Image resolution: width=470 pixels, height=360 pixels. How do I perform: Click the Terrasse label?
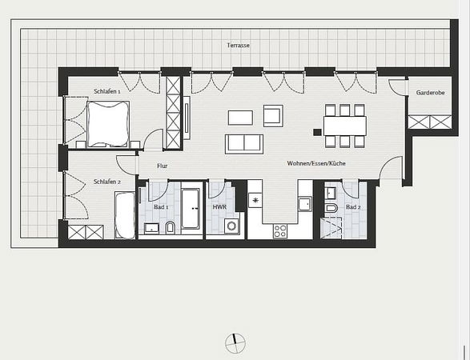pos(238,46)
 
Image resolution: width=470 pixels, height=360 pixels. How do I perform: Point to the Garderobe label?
pos(430,93)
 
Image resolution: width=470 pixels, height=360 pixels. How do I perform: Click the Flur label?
pos(162,166)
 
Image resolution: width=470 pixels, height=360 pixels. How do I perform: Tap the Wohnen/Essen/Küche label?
pos(315,163)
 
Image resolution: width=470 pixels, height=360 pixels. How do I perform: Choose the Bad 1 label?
pos(161,206)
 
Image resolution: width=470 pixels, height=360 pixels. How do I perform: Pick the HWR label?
pos(219,206)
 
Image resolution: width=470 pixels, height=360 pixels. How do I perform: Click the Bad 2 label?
pos(352,206)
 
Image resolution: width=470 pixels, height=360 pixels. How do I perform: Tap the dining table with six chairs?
pos(344,126)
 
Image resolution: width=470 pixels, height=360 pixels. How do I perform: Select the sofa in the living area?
pos(243,143)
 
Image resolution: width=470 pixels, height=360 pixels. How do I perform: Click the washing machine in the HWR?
pos(231,226)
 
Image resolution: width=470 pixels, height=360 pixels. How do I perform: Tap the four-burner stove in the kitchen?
pos(279,230)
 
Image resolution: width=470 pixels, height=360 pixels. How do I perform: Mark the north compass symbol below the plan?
pos(235,343)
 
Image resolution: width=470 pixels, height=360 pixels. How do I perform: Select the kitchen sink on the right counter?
pos(304,203)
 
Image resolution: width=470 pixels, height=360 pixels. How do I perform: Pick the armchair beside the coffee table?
pos(273,116)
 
